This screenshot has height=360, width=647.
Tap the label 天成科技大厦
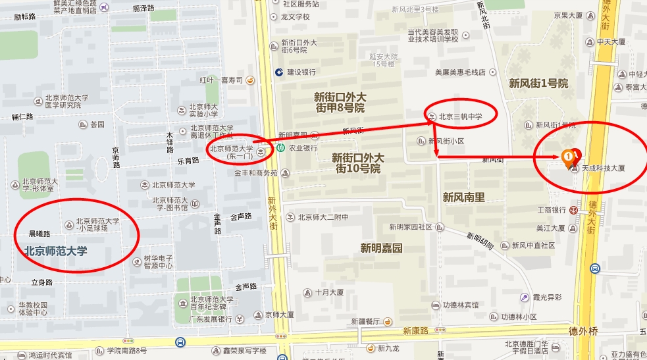[x=602, y=168]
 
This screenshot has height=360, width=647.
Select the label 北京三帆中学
[x=461, y=117]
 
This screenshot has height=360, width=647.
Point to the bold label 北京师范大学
[x=56, y=251]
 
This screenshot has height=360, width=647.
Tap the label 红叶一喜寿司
[x=221, y=80]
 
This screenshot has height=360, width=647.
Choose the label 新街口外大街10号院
[x=358, y=163]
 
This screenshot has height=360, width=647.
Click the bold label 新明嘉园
[x=381, y=247]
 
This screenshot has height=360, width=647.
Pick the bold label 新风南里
[x=463, y=197]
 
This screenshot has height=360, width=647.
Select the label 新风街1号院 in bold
[x=538, y=84]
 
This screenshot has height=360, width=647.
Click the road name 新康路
[x=416, y=330]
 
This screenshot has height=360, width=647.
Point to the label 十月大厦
[x=330, y=293]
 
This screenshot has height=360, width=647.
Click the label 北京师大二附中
[x=323, y=217]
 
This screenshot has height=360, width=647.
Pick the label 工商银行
[x=552, y=210]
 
